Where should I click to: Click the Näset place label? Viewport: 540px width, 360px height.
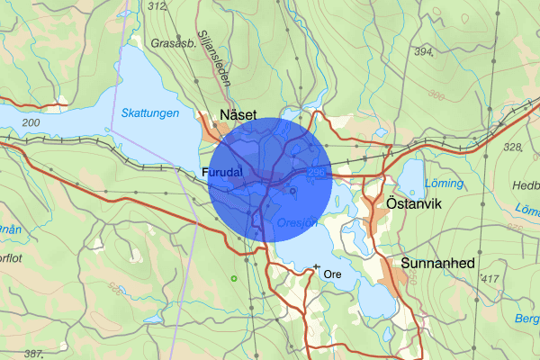click(x=238, y=114)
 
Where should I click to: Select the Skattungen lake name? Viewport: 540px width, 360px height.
click(x=149, y=113)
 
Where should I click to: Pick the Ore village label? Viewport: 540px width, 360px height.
click(x=333, y=273)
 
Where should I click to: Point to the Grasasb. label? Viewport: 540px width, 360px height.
click(x=175, y=41)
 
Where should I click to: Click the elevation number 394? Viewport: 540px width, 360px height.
click(x=425, y=52)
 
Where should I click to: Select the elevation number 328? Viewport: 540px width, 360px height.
click(x=513, y=147)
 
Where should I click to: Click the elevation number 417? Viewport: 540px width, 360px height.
click(x=490, y=280)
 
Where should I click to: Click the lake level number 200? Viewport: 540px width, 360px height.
click(x=31, y=121)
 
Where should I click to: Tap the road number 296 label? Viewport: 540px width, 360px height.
click(x=315, y=170)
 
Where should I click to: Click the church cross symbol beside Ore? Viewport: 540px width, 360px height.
click(x=316, y=267)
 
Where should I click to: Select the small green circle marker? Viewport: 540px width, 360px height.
click(x=233, y=278)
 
